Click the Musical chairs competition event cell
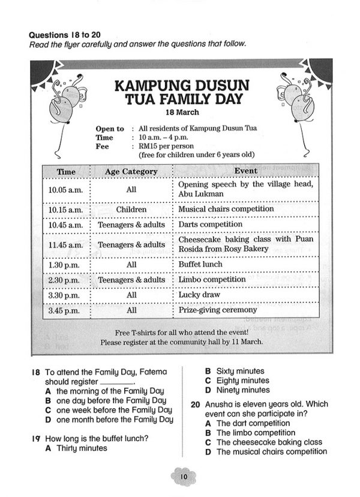[x=226, y=209]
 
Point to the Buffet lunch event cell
[x=200, y=264]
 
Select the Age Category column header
[x=131, y=172]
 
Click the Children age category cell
[x=131, y=209]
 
